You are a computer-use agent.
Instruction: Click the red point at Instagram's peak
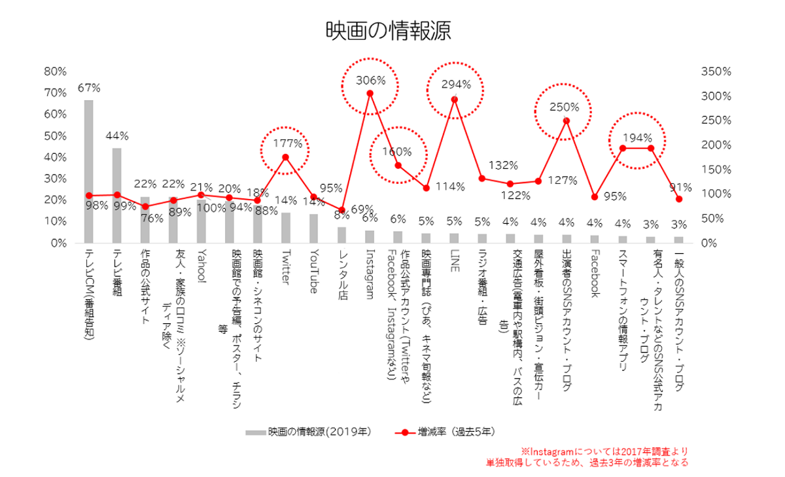point(370,93)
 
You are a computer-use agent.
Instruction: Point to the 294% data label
point(456,84)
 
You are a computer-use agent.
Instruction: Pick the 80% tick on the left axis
point(54,71)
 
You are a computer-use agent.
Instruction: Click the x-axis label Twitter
point(285,269)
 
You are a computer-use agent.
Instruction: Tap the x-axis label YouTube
point(313,272)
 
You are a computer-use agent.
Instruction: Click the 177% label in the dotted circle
point(287,143)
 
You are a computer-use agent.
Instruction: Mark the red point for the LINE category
point(454,99)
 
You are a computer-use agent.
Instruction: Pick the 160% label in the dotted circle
point(398,151)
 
